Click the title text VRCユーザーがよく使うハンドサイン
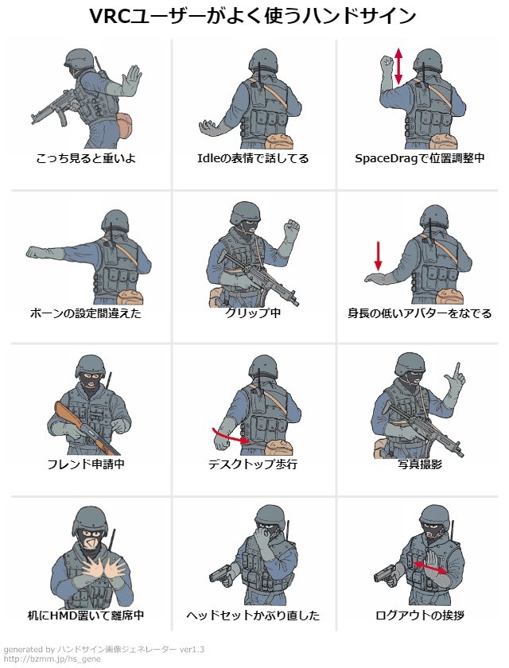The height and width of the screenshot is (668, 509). point(253,16)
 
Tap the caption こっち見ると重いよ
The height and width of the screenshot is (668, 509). point(86,158)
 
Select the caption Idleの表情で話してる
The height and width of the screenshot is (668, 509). point(253,158)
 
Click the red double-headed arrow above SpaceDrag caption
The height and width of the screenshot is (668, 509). point(398,66)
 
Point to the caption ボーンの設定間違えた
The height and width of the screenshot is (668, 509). point(86,313)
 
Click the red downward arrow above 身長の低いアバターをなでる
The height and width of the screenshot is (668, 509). point(378,256)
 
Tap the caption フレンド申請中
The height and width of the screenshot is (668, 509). point(86,464)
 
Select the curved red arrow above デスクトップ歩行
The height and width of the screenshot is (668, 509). point(231,437)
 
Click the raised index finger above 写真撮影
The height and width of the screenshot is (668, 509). point(457,371)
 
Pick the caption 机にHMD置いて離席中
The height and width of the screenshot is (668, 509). point(86,616)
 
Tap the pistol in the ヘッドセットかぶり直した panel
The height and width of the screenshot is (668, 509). point(220,576)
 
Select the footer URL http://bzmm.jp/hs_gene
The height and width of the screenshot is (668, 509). point(52,659)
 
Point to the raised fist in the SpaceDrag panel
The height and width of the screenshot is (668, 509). point(387,63)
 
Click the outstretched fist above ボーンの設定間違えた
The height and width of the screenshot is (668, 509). point(35,252)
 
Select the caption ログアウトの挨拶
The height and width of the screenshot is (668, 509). point(420,616)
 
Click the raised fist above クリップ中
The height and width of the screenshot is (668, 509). point(292,227)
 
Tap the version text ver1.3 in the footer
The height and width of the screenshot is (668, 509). point(192,650)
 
